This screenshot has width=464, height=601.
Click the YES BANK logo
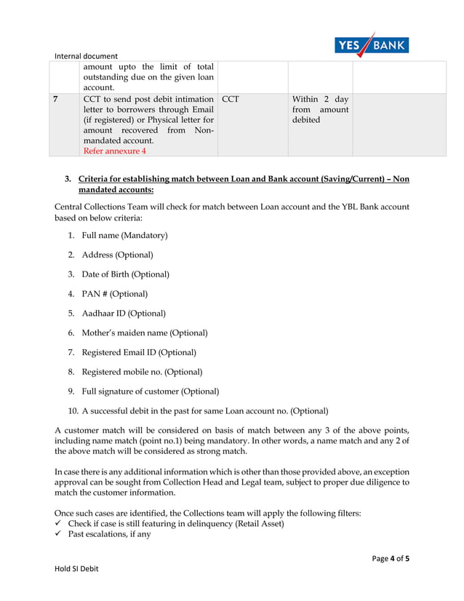372,45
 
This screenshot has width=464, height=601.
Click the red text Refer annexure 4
114,151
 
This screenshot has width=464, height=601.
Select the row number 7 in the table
57,99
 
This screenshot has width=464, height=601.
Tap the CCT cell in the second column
230,99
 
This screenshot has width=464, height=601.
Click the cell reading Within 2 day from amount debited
320,109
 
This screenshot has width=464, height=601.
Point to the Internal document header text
86,55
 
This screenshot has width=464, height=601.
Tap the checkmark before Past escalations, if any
58,535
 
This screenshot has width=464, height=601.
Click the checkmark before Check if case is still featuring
58,524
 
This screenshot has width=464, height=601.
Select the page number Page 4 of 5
390,559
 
